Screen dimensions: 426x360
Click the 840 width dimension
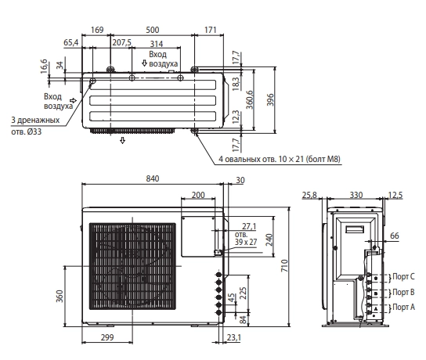coord(153,178)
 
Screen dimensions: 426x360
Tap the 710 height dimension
coord(284,266)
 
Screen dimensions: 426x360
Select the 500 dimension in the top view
coord(153,30)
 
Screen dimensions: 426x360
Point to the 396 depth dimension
coord(270,99)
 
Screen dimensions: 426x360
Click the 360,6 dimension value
coord(250,99)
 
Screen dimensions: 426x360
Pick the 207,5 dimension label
coord(121,42)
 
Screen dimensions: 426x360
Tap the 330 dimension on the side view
coord(356,195)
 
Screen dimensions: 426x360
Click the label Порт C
coord(403,276)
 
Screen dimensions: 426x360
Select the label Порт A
coord(403,307)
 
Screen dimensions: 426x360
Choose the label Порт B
coord(403,292)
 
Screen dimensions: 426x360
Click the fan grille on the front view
coord(132,266)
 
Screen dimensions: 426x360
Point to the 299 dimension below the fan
coord(107,337)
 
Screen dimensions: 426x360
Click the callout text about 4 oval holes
coord(280,159)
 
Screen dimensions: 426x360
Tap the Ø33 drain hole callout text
coord(35,126)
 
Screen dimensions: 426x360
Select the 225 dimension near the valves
coord(244,293)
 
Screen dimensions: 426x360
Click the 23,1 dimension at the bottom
coord(234,337)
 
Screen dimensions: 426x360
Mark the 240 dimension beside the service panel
coord(269,240)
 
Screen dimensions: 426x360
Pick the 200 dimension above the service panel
coord(198,195)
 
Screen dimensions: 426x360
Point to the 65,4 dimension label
coord(71,42)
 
